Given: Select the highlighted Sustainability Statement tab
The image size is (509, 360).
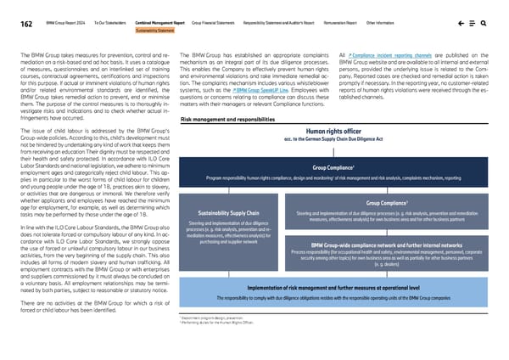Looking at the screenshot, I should pyautogui.click(x=155, y=32).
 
